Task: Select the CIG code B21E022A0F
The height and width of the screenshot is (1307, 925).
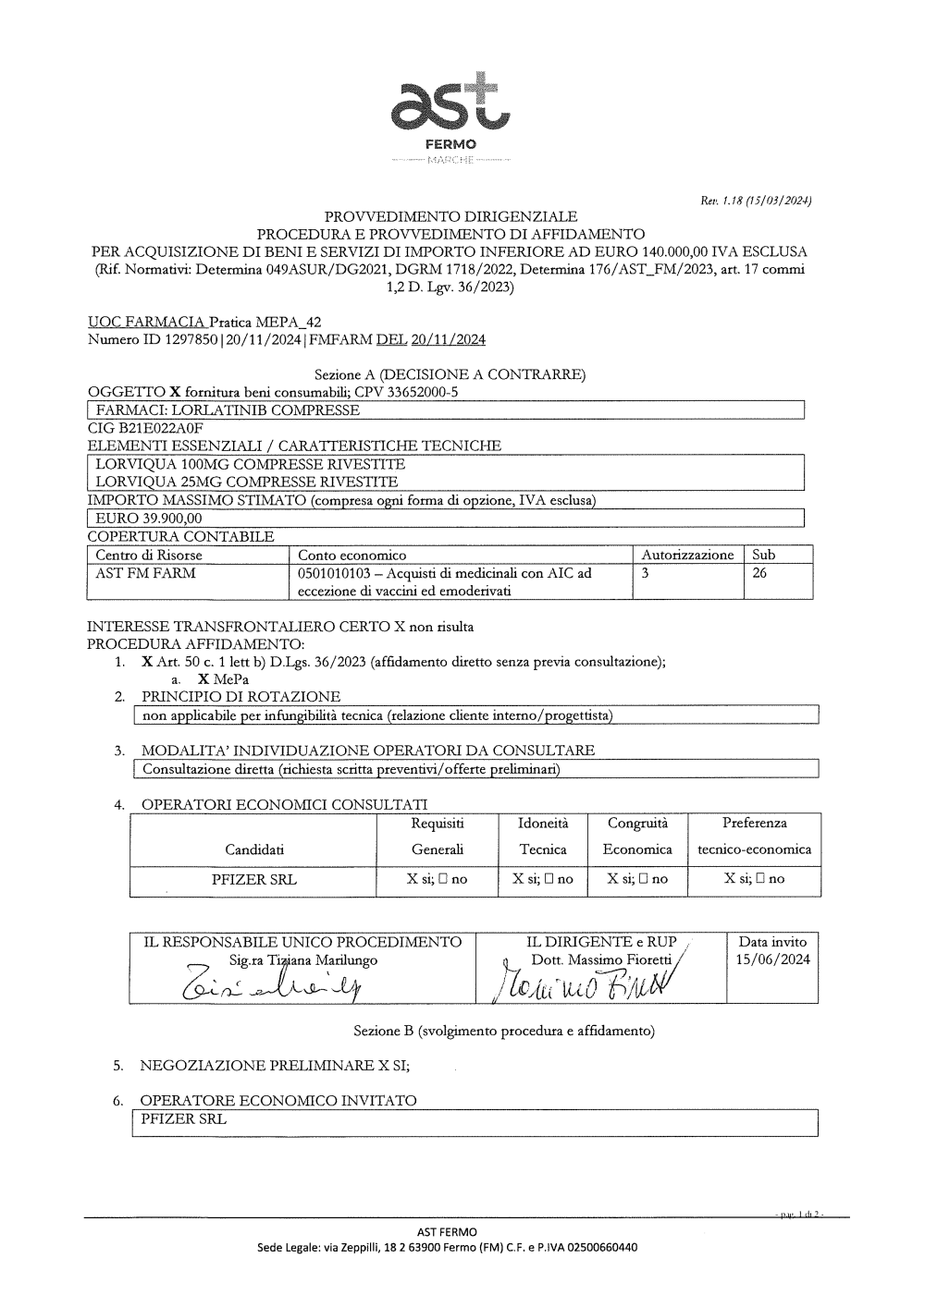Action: coord(145,428)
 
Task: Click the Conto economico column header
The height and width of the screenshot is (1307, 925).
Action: coord(351,556)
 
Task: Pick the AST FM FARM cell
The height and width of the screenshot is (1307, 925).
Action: coord(145,573)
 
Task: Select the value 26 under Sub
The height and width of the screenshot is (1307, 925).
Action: coord(759,573)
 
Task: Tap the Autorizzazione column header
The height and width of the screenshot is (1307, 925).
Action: coord(686,556)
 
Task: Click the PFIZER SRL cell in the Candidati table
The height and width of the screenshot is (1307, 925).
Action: coord(254,879)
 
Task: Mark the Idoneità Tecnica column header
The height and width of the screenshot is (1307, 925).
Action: coord(543,836)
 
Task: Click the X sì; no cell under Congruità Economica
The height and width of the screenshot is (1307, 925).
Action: coord(637,879)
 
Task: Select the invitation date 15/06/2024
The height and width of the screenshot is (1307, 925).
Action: coord(772,960)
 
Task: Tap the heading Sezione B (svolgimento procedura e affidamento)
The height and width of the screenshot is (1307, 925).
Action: coord(504,1030)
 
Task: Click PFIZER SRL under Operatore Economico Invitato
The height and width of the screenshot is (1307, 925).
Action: coord(183,1118)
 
